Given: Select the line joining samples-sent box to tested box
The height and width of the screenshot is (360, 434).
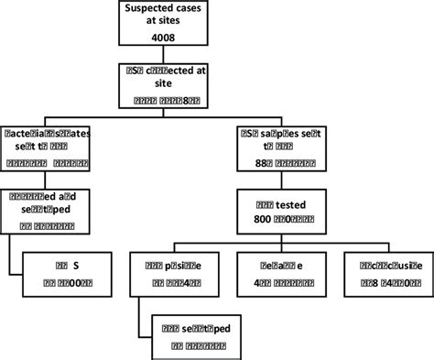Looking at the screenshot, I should tap(290, 179).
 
